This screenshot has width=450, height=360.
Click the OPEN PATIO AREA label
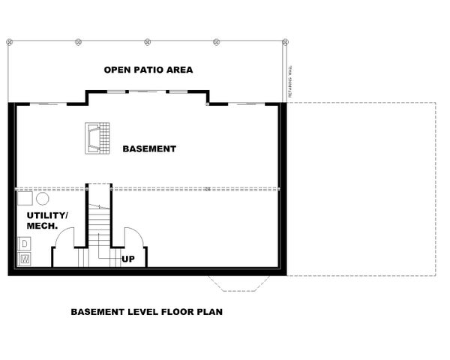click(x=148, y=70)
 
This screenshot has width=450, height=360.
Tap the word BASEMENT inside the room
click(x=150, y=148)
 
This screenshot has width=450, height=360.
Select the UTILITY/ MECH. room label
click(x=46, y=220)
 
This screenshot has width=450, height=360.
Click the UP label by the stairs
click(x=128, y=259)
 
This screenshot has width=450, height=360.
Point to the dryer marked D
click(x=25, y=244)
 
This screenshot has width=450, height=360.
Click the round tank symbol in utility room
click(x=42, y=199)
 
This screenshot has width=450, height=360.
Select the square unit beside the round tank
click(x=25, y=199)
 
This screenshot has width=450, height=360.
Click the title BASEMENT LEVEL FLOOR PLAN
click(x=146, y=311)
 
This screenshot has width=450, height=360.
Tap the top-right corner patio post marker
click(x=285, y=41)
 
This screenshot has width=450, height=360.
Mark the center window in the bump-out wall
click(x=148, y=91)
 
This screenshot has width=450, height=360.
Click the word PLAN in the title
click(x=208, y=311)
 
